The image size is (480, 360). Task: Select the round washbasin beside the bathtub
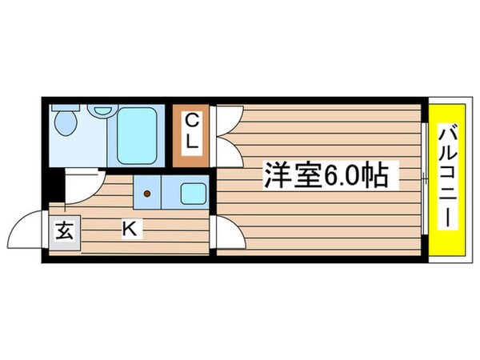(x=102, y=110)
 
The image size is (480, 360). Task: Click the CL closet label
(x=193, y=132)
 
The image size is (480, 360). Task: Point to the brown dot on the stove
(x=146, y=193)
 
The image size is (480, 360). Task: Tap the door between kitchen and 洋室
(x=226, y=234)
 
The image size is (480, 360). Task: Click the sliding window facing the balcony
(x=422, y=180)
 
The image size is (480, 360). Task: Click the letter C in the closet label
(x=193, y=121)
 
